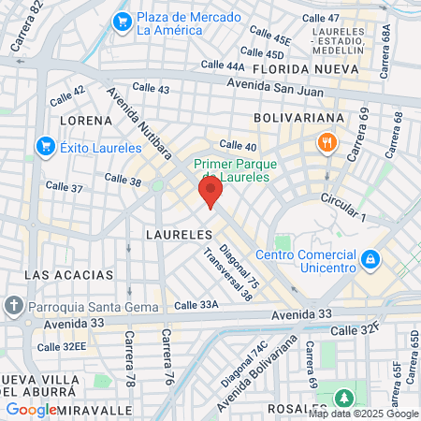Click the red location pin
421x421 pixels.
pyautogui.click(x=210, y=194)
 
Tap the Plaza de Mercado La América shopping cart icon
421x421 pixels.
pyautogui.click(x=121, y=22)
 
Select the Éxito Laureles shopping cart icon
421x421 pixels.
pyautogui.click(x=44, y=146)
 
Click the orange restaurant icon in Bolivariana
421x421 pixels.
pyautogui.click(x=327, y=143)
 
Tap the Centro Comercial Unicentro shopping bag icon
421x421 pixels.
pyautogui.click(x=370, y=256)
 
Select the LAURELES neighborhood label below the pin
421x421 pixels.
pyautogui.click(x=175, y=231)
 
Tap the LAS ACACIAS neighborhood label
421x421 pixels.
pyautogui.click(x=69, y=275)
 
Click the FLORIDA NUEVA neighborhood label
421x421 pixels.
pyautogui.click(x=300, y=69)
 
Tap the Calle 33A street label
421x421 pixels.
pyautogui.click(x=196, y=305)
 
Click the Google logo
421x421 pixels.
pyautogui.click(x=31, y=410)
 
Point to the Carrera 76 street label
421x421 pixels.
pyautogui.click(x=167, y=348)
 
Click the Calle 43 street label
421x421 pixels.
pyautogui.click(x=152, y=88)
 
